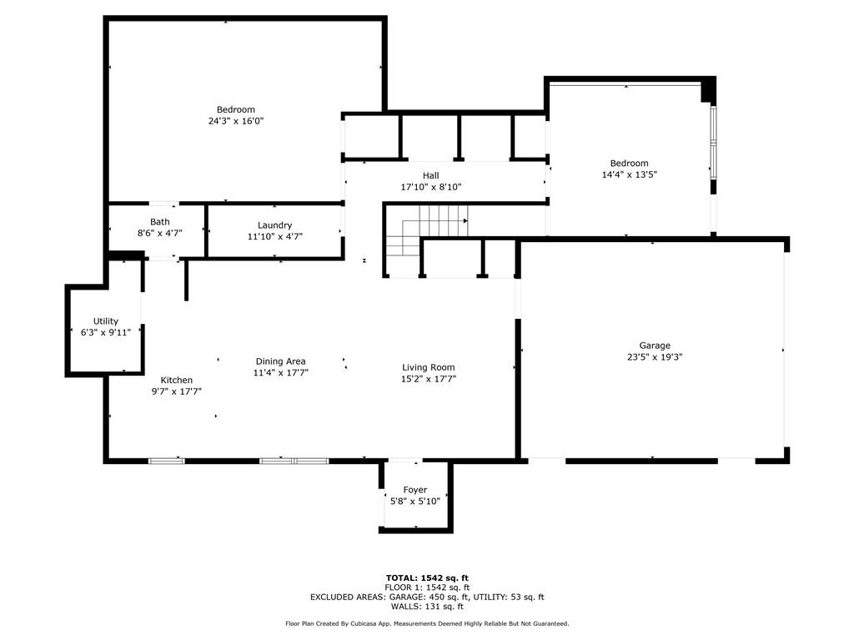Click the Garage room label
coord(655,346)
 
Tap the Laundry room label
coord(274,225)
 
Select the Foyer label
coord(415,490)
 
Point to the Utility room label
coord(106,321)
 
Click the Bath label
coord(159,222)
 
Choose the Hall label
coord(431,175)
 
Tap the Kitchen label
coord(177,380)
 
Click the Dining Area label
coord(280,361)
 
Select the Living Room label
coord(428,367)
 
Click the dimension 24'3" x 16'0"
coord(236,121)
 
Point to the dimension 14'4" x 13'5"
coord(629,175)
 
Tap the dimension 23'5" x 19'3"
coord(655,357)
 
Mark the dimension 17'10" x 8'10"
coord(431,187)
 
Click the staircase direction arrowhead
coord(465,220)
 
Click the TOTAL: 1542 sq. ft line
coord(427,578)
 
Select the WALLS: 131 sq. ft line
coord(427,607)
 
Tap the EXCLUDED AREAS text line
coord(427,597)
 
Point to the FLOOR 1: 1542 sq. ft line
coord(427,588)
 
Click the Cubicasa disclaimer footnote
coord(427,623)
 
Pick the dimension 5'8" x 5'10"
coord(415,502)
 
